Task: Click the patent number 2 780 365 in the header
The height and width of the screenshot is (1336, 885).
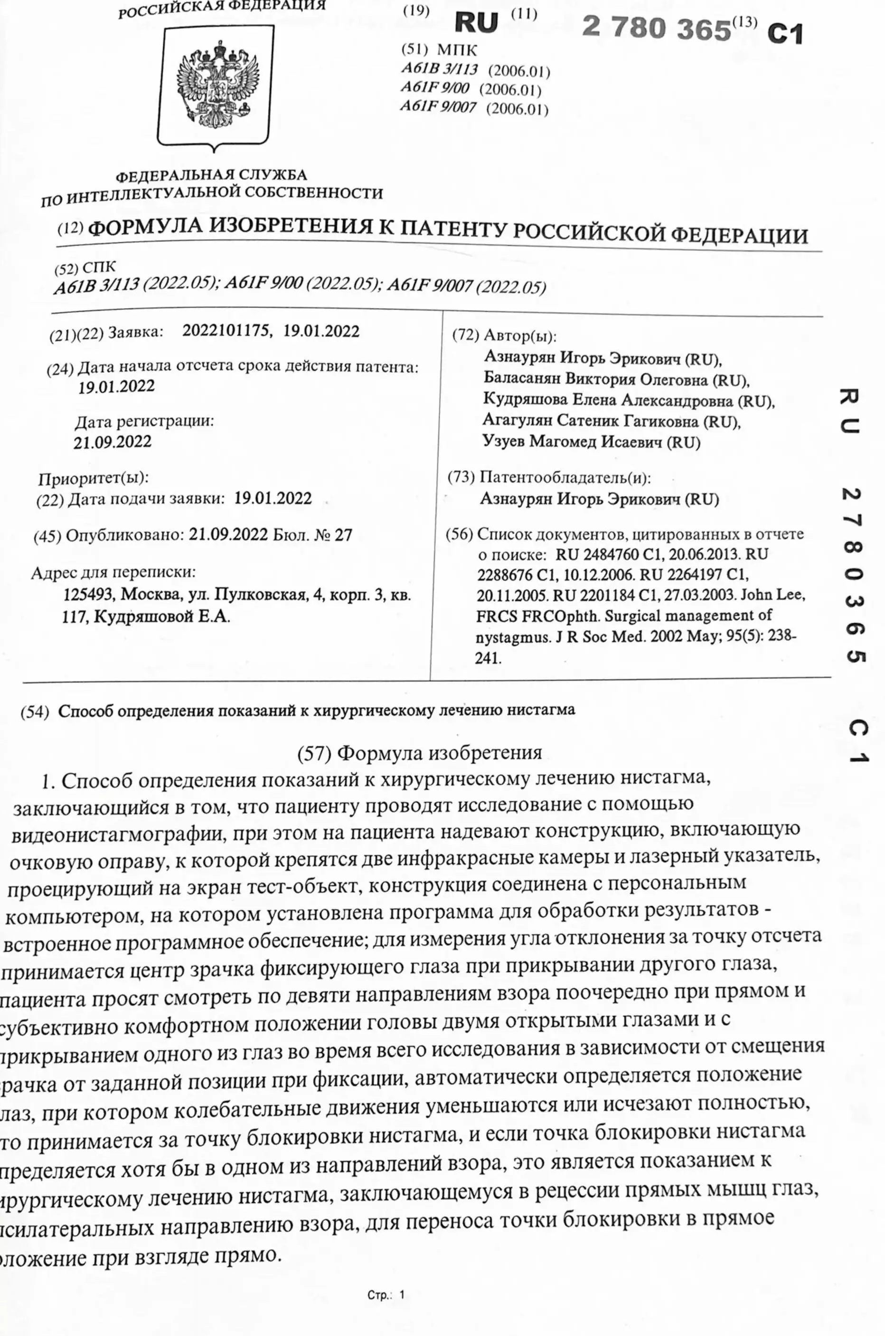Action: point(656,28)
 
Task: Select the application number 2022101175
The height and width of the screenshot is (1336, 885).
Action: point(226,330)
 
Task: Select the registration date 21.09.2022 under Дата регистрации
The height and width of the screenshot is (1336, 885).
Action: point(113,442)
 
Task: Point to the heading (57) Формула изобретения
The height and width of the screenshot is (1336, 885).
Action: point(419,753)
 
